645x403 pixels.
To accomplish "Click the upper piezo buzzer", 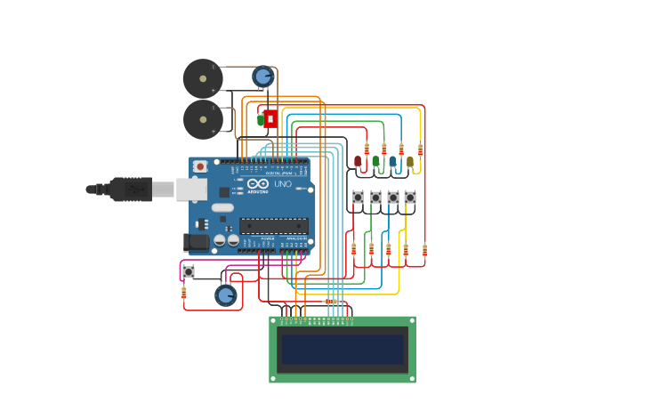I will tap(203, 78).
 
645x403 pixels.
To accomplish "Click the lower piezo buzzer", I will tap(203, 119).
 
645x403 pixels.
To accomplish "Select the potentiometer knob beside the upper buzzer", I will tap(262, 77).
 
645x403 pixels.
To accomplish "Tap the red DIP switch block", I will tap(270, 118).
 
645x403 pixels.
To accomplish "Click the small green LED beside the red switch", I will tap(261, 118).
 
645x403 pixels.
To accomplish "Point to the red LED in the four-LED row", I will tap(358, 162).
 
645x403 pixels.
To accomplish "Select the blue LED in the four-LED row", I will tap(392, 162).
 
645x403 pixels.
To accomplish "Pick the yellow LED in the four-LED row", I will tap(410, 162).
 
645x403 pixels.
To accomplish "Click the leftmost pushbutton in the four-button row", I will tap(359, 197).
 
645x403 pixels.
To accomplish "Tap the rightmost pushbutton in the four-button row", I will tap(410, 197).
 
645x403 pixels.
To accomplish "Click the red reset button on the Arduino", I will tap(201, 166).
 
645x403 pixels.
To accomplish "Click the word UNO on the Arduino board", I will tap(283, 184).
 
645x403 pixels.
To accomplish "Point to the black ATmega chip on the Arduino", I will tap(273, 226).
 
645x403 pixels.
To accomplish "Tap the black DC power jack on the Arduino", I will tap(195, 241).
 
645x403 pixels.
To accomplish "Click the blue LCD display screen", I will tap(343, 349).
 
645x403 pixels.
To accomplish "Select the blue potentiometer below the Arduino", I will tap(226, 294).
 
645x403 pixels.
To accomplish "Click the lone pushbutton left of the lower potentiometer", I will tap(189, 271).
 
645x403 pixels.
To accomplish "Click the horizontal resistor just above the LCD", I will tap(330, 302).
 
